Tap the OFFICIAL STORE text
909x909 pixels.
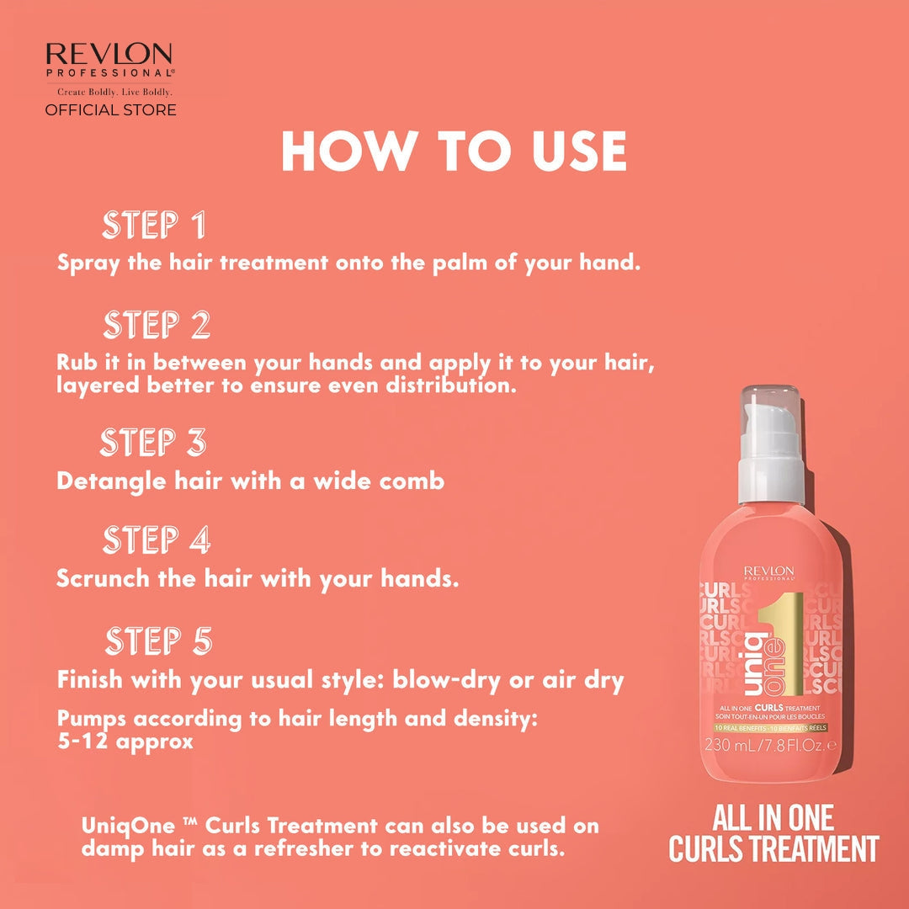[110, 110]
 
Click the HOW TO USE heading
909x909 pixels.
[454, 152]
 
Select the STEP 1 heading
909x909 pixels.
[154, 226]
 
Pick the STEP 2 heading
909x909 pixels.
[157, 325]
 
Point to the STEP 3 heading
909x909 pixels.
[153, 443]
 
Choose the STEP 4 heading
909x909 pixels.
[157, 540]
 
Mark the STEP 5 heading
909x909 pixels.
[158, 641]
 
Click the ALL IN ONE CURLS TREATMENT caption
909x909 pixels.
[773, 833]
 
